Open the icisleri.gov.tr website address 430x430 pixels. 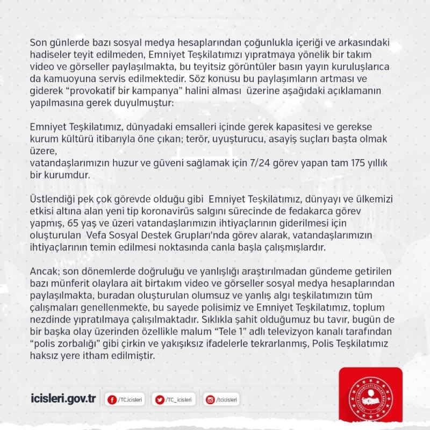click(64, 399)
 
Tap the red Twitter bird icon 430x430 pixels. click(159, 399)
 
